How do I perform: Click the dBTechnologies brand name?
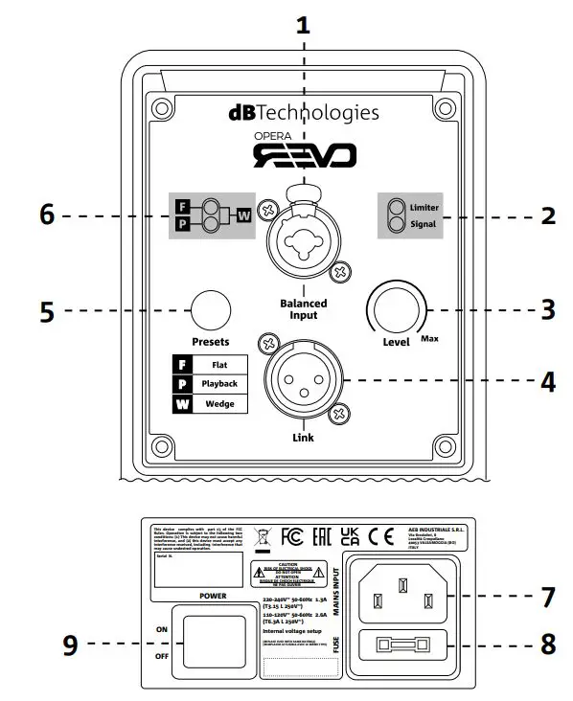304,112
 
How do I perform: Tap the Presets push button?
210,309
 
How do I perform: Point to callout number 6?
45,216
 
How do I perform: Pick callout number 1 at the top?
303,26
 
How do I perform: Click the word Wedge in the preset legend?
220,403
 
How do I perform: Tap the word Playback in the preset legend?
220,384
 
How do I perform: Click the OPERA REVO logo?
304,150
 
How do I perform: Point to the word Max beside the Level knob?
431,338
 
